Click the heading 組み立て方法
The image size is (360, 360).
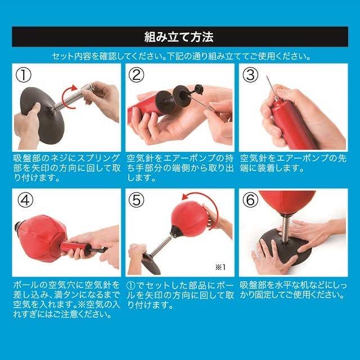tap(179, 37)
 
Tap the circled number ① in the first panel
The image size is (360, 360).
tap(24, 75)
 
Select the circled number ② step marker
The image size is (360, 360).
tap(136, 75)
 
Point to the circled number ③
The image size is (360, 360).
tap(250, 75)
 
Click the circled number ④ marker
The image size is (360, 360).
tap(25, 200)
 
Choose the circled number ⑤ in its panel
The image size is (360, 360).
tap(136, 200)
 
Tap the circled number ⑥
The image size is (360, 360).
tap(250, 200)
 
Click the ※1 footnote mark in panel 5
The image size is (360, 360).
tap(220, 267)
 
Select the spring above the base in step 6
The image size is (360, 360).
tap(285, 229)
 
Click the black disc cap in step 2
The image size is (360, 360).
tap(181, 96)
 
